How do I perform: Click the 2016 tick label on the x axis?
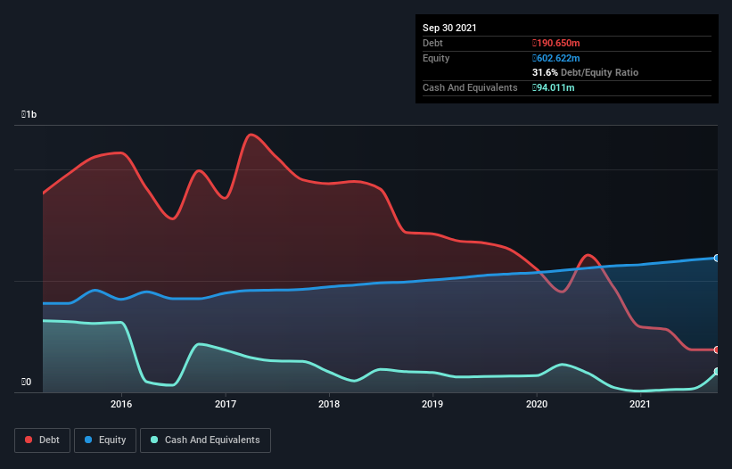122,404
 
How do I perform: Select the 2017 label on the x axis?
226,404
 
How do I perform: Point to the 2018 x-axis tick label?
329,404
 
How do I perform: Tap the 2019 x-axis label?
432,404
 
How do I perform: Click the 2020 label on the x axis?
537,404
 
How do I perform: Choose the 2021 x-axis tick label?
639,404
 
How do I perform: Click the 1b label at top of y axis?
29,115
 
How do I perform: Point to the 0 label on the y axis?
27,383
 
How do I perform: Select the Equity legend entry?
104,440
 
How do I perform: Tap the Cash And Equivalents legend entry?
205,440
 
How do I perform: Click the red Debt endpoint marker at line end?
716,350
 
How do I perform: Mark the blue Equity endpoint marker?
716,258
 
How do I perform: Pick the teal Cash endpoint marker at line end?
716,372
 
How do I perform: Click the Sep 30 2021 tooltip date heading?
449,28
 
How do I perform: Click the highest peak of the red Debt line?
251,135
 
